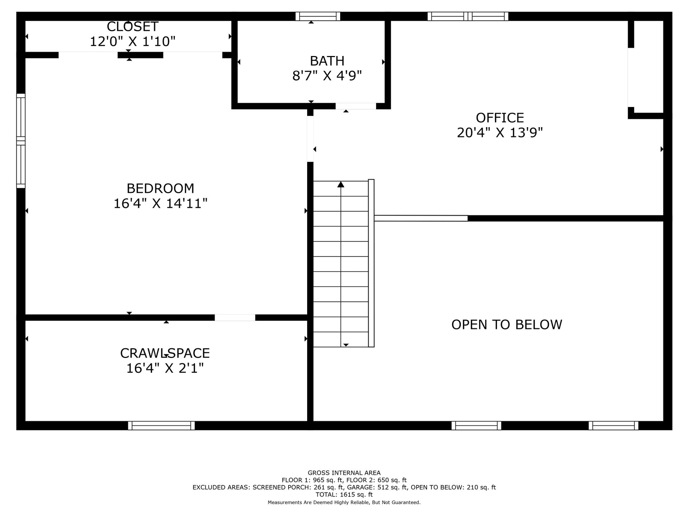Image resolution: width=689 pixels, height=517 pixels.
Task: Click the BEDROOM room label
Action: [160, 188]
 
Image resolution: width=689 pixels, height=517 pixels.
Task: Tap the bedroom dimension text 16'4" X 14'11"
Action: [160, 204]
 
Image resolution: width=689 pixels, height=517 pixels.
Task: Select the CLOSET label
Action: [132, 27]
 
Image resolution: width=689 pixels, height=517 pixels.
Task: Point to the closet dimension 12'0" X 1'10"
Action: [132, 42]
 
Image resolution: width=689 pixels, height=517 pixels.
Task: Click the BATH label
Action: [327, 61]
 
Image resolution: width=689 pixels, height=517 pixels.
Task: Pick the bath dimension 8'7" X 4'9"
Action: [327, 76]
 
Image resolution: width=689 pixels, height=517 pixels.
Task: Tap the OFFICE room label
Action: [500, 118]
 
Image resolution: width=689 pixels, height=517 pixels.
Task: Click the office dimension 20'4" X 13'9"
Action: [500, 133]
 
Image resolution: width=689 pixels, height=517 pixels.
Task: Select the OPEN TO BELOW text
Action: [507, 325]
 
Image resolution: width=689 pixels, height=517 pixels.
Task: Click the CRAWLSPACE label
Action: [165, 353]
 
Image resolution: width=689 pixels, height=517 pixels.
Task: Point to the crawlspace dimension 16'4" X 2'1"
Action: [165, 368]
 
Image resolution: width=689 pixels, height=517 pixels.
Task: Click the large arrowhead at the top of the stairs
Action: [341, 184]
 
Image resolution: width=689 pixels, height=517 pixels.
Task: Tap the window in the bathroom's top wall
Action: [318, 16]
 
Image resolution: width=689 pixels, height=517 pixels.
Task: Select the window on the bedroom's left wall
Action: [21, 141]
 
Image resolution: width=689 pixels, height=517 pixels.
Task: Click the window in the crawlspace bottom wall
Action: [161, 425]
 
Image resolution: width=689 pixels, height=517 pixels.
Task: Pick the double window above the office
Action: [468, 16]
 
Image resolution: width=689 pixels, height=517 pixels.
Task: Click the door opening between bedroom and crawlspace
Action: [235, 317]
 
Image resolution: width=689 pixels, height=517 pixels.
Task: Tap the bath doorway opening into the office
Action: [356, 106]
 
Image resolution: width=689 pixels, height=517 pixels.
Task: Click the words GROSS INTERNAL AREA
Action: [344, 473]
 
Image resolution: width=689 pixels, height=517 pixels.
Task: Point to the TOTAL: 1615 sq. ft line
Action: [344, 494]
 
